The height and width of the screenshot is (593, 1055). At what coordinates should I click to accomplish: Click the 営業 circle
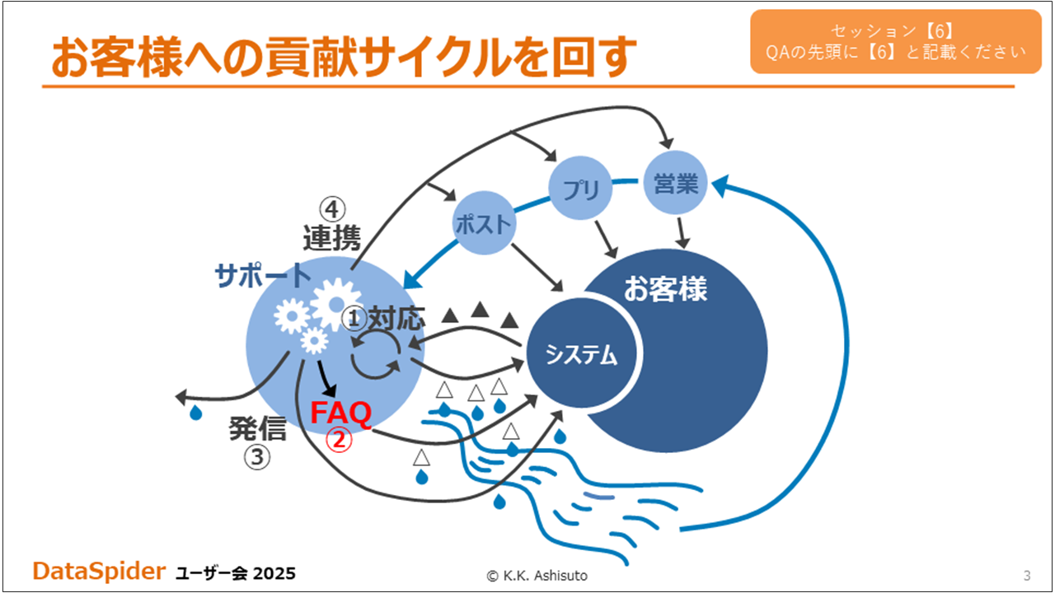[675, 183]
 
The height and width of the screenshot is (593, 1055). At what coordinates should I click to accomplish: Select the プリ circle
[580, 189]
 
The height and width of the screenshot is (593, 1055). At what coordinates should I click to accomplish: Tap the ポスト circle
[484, 223]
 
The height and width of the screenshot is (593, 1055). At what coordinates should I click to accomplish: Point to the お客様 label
[665, 288]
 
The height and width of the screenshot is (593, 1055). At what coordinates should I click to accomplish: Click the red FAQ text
[341, 413]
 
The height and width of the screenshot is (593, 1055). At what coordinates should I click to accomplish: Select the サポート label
[262, 275]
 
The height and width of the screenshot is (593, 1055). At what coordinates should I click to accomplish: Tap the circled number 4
[332, 209]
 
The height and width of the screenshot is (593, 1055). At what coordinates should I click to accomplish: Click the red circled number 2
[340, 440]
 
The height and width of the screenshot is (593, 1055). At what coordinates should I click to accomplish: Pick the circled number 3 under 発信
[257, 456]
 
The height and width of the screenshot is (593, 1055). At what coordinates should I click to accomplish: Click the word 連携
[331, 238]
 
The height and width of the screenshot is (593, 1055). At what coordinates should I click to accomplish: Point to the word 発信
[258, 428]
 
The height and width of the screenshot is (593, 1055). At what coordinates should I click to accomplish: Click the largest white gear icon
[335, 304]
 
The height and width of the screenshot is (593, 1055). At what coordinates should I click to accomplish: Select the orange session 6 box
[896, 41]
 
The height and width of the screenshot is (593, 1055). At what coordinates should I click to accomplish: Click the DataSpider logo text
[99, 571]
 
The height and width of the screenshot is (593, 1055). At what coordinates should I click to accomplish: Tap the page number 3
[1027, 575]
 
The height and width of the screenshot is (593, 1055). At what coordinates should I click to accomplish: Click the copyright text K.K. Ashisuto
[537, 575]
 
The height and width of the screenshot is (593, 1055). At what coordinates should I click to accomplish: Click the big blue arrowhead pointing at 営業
[720, 185]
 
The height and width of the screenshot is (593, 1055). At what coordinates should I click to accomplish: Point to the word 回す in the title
[595, 57]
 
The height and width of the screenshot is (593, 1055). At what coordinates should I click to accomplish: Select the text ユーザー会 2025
[236, 573]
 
